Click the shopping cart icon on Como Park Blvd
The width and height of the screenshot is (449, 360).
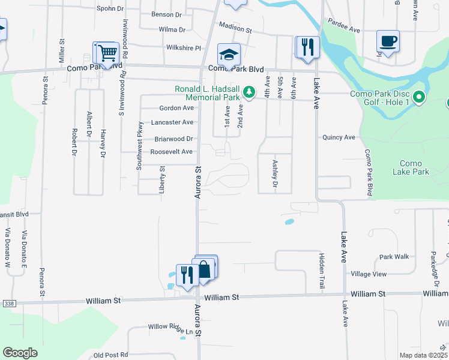click(x=107, y=53)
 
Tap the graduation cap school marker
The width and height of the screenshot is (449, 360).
click(x=229, y=55)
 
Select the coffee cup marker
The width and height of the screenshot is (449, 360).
click(x=388, y=42)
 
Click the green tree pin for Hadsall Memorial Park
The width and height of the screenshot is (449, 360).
click(x=249, y=92)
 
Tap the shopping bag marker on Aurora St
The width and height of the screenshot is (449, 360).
click(x=205, y=268)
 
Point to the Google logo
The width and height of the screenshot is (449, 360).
click(x=20, y=353)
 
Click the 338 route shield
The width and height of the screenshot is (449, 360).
click(x=8, y=303)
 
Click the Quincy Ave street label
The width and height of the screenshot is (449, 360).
click(x=339, y=137)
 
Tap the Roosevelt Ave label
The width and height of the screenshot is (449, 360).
click(x=172, y=152)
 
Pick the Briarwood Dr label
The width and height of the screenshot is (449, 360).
click(x=173, y=139)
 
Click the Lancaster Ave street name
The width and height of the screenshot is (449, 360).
click(x=173, y=122)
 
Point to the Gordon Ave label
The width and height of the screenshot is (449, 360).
click(x=176, y=108)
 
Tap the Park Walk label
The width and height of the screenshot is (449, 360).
click(x=394, y=257)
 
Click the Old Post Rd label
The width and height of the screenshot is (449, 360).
click(x=111, y=355)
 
